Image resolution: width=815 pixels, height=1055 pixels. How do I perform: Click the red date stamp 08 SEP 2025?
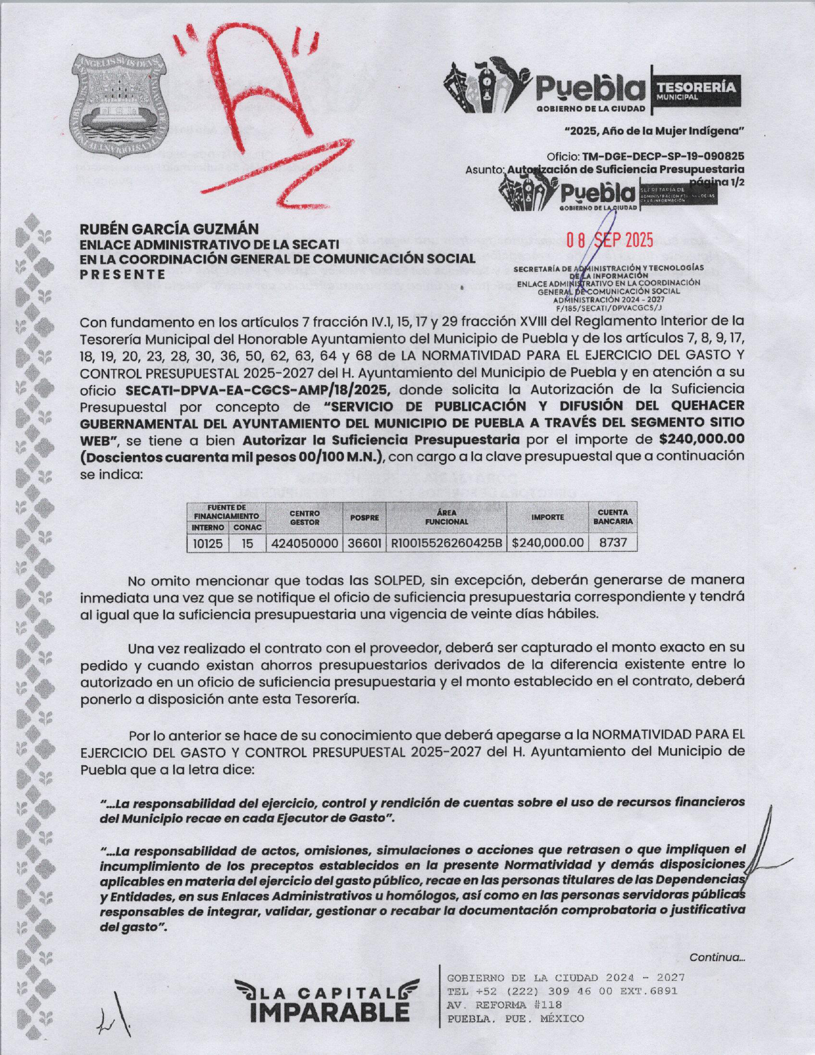coord(610,240)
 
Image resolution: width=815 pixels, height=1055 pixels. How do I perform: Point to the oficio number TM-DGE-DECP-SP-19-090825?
coord(663,156)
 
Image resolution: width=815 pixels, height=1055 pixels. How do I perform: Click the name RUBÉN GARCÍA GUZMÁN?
coord(169,229)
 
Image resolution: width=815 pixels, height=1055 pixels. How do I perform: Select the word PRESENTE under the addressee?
coord(123,274)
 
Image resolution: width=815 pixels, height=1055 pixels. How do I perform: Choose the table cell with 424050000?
coord(305,543)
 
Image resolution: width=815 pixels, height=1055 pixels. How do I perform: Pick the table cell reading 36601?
coord(364,543)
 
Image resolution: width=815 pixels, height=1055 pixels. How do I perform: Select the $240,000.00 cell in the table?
coord(548,543)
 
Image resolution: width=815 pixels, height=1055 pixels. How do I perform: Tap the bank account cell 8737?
coord(613,543)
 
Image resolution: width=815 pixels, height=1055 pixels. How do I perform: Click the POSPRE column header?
coord(364,517)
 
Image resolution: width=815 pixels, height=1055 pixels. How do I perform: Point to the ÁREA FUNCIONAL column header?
coord(447,517)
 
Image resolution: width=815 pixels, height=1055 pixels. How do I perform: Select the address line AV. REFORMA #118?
coord(500,1004)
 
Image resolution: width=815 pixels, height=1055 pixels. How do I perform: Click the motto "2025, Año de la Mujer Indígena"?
coord(655,132)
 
